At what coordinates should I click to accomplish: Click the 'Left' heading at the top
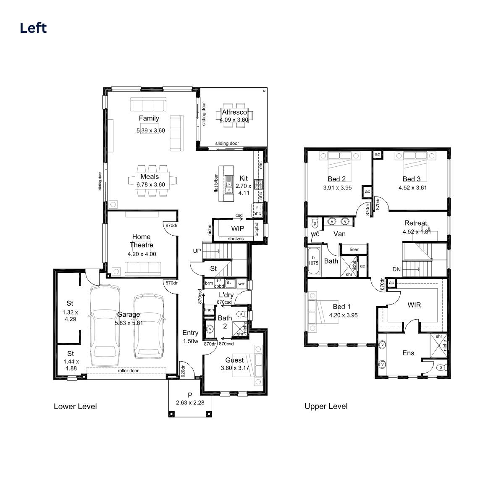[33, 28]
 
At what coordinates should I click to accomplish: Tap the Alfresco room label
[234, 112]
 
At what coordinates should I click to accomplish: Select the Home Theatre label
[141, 241]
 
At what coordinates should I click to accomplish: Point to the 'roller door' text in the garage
[128, 370]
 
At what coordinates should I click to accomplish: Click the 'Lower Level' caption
[75, 407]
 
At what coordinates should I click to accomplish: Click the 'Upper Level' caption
[326, 407]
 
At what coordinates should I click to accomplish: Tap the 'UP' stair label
[197, 251]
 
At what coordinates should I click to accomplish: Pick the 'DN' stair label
[396, 269]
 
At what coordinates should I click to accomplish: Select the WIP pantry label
[237, 228]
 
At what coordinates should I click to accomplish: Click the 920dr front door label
[183, 371]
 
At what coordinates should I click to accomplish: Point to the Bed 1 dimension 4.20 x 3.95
[343, 315]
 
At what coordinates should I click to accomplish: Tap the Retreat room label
[416, 223]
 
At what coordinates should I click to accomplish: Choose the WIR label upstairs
[414, 305]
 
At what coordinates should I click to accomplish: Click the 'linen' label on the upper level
[354, 249]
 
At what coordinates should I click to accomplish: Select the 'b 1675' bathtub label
[313, 260]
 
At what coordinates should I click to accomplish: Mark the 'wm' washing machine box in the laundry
[242, 284]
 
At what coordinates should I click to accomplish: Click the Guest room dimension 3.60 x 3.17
[235, 368]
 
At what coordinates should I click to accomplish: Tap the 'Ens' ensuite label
[408, 353]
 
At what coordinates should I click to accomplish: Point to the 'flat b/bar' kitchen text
[216, 184]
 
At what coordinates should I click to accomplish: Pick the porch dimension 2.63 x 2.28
[190, 402]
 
